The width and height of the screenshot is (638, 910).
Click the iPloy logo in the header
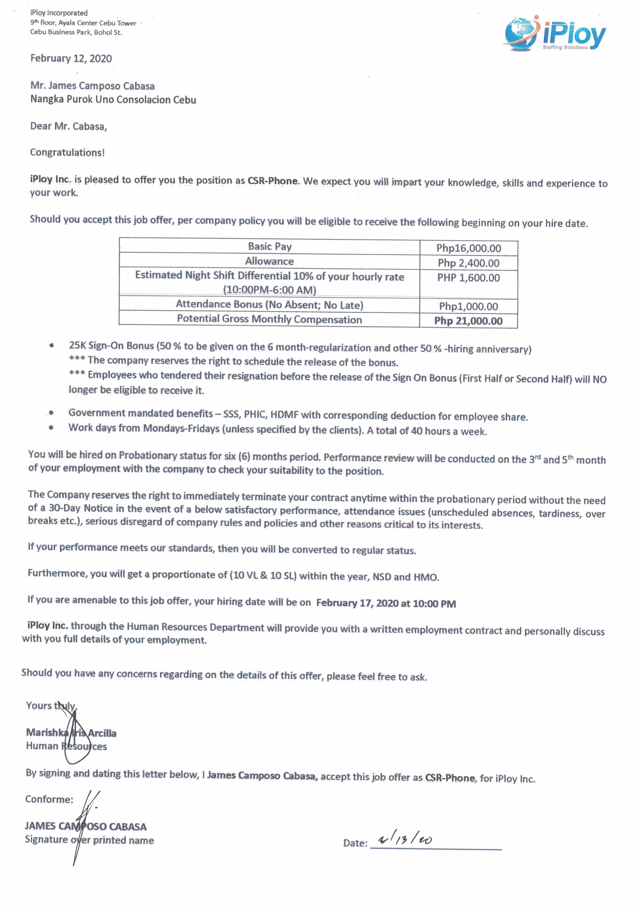pos(555,34)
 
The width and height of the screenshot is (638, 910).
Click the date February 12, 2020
pos(71,59)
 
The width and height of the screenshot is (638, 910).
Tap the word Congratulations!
pos(68,153)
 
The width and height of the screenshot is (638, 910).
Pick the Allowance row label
pos(269,261)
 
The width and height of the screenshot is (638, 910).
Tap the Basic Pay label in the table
pos(270,246)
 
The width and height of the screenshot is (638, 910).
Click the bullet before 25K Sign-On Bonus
pos(52,346)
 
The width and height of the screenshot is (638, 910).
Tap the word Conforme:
pos(49,799)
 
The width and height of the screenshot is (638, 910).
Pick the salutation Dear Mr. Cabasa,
pos(69,127)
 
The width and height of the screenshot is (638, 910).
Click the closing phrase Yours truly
pos(51,706)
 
